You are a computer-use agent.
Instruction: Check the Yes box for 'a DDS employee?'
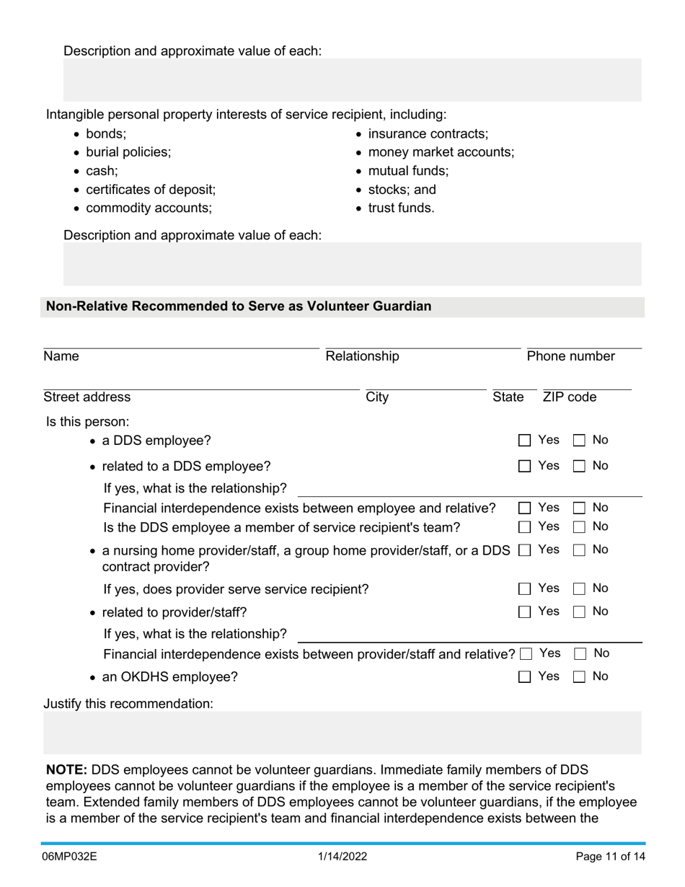(x=525, y=441)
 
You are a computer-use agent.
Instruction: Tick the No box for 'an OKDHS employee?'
(x=579, y=677)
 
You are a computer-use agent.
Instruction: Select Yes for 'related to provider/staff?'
(x=525, y=612)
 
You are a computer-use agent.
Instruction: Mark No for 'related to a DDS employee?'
(x=579, y=467)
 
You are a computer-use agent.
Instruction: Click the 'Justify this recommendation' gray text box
(x=342, y=733)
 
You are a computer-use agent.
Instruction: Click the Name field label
(x=61, y=356)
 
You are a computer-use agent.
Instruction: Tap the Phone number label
(x=570, y=356)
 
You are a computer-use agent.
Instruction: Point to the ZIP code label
(x=569, y=397)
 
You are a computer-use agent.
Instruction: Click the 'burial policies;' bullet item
(x=128, y=152)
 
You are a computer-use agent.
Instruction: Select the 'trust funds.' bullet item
(x=401, y=208)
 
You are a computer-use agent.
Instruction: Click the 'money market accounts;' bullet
(x=441, y=152)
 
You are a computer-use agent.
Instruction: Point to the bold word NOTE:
(x=66, y=770)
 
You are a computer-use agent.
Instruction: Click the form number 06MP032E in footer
(x=70, y=857)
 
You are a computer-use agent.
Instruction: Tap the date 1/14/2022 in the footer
(x=342, y=857)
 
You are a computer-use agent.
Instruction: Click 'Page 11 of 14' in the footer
(x=610, y=857)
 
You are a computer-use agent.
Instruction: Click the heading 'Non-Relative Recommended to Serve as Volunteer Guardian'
(x=239, y=306)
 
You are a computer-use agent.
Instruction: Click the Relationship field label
(x=362, y=356)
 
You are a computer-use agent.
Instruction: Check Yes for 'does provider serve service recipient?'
(x=525, y=589)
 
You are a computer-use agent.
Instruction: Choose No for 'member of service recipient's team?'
(x=579, y=527)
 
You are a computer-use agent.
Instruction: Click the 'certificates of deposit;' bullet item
(x=150, y=190)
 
